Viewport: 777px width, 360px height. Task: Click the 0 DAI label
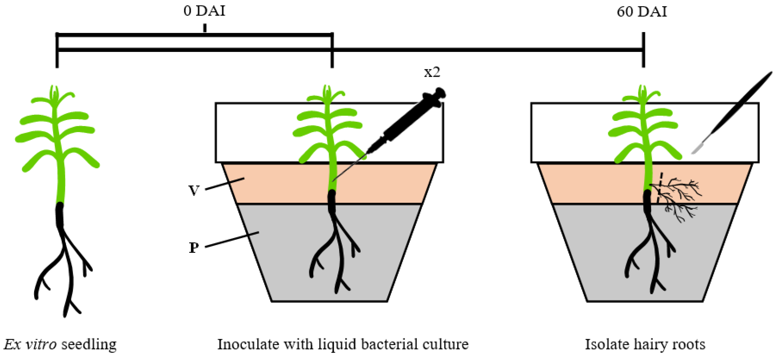204,11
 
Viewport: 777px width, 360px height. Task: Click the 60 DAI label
642,12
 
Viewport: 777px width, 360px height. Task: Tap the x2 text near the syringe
432,72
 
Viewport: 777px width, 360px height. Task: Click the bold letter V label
194,190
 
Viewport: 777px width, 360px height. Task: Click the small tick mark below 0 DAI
205,28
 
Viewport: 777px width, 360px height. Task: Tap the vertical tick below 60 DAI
643,50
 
